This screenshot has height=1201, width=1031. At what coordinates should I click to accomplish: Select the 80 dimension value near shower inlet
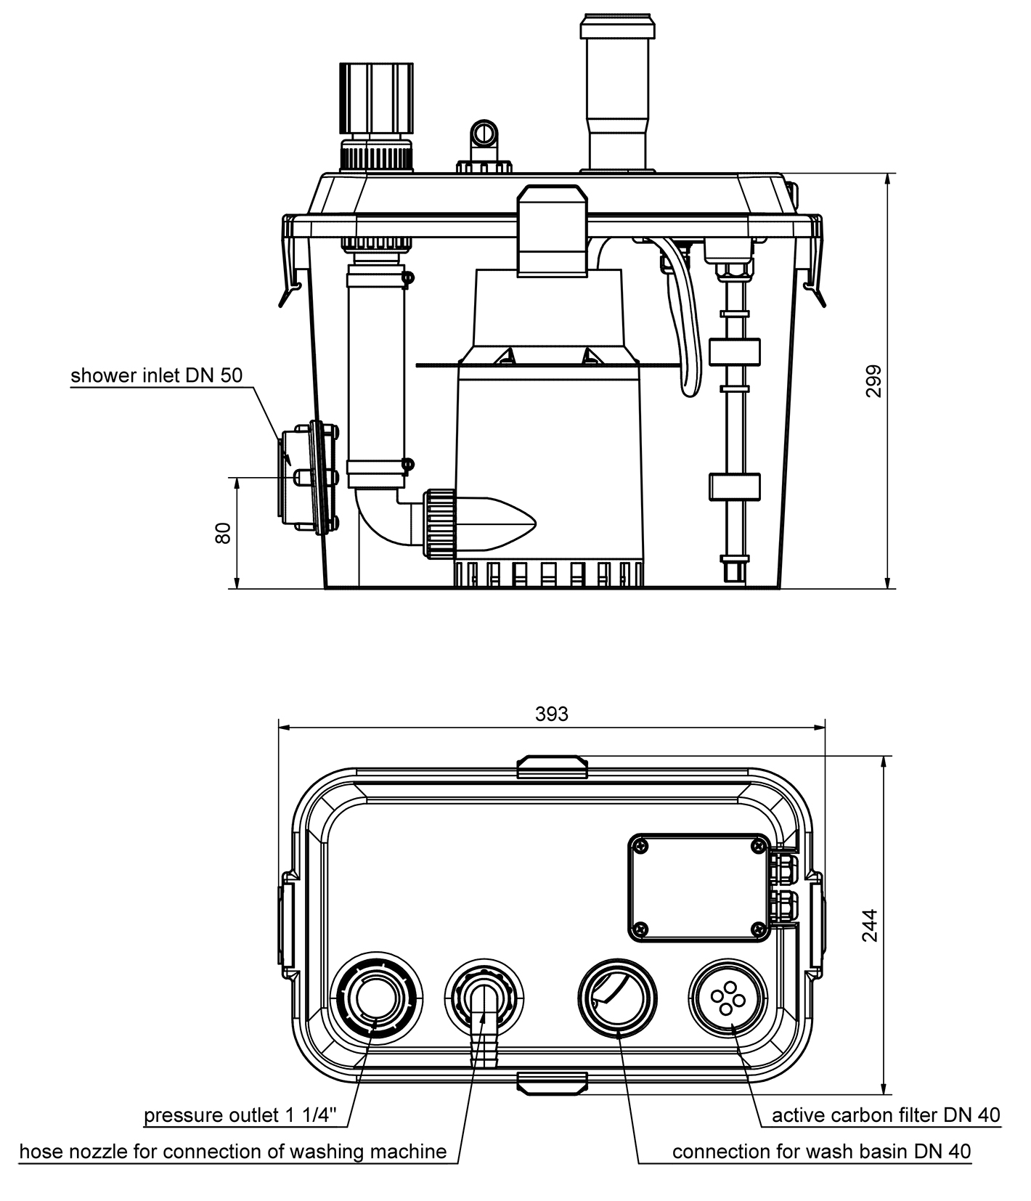click(x=224, y=532)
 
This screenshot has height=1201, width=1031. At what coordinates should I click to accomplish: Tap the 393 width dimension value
click(x=552, y=714)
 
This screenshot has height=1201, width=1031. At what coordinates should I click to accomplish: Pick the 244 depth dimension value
click(x=870, y=925)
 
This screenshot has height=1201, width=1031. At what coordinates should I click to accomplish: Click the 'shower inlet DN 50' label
click(x=156, y=375)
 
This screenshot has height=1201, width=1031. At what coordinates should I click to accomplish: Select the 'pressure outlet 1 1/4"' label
click(x=240, y=1115)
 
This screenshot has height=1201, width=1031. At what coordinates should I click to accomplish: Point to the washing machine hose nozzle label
click(x=232, y=1151)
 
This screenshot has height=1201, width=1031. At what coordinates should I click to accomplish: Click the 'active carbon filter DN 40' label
click(x=886, y=1115)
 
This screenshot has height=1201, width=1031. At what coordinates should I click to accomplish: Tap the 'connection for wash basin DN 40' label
click(x=821, y=1151)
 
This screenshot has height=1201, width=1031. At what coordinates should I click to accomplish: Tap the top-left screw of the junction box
click(x=640, y=844)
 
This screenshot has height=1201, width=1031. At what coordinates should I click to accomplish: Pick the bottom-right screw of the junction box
click(x=759, y=929)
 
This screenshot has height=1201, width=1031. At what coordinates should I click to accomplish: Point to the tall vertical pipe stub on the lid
click(x=618, y=94)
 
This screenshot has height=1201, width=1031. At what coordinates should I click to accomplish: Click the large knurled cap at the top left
click(x=376, y=98)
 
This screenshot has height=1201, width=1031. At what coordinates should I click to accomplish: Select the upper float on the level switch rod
click(x=734, y=351)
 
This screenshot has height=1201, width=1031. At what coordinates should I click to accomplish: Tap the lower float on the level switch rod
click(x=734, y=486)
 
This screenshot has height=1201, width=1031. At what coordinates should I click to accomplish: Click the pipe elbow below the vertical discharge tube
click(x=380, y=518)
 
